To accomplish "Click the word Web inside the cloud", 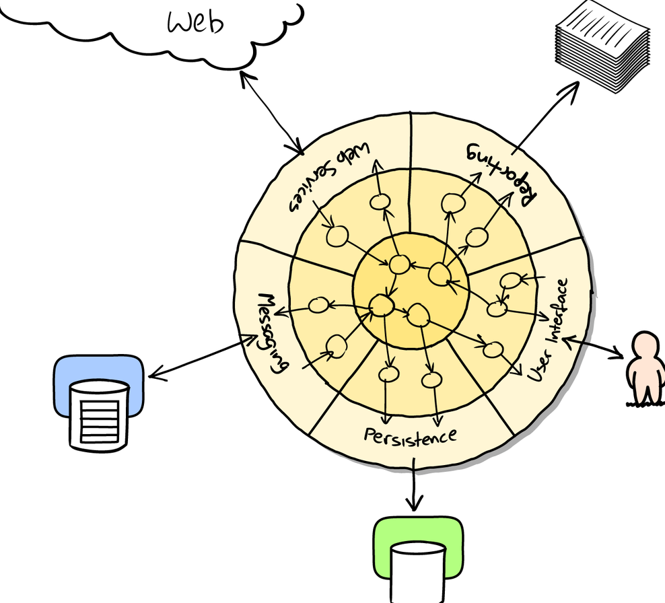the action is point(195,22).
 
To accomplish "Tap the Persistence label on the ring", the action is point(411,436).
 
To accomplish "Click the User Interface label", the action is point(549,330).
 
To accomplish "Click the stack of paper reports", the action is point(602,46).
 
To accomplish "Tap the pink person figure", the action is point(645,368).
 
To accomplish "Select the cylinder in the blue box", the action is point(99,415).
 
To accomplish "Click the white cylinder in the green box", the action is point(418,573).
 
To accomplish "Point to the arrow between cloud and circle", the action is point(272,113).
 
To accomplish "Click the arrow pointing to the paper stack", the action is point(545,118).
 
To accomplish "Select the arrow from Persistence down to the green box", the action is point(414,484).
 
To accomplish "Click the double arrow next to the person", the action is point(594,347).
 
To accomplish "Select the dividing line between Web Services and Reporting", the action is point(410,172).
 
